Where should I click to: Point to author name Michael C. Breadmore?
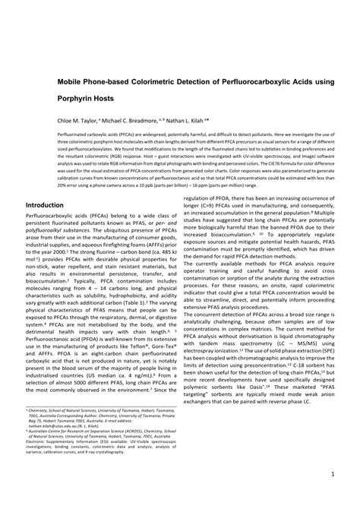click(x=136, y=120)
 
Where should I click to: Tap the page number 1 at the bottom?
click(x=333, y=476)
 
